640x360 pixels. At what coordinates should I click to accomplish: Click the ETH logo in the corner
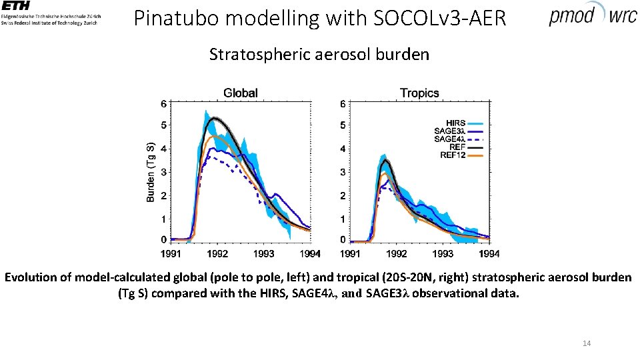click(x=50, y=13)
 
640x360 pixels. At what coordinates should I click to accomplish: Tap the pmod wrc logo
click(x=593, y=15)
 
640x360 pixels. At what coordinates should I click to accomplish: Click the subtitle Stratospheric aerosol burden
click(x=319, y=55)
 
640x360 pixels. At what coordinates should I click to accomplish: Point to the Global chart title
click(x=240, y=93)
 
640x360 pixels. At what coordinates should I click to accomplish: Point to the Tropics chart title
click(x=419, y=93)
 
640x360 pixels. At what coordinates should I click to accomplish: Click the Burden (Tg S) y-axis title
click(x=151, y=171)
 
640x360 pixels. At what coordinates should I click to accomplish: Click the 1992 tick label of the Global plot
click(x=217, y=254)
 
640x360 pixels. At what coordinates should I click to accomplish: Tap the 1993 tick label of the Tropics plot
click(x=443, y=254)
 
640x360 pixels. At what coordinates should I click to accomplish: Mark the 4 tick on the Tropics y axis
click(x=343, y=149)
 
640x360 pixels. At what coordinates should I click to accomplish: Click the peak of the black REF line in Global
click(x=215, y=119)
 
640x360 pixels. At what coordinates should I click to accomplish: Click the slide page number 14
click(x=587, y=343)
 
